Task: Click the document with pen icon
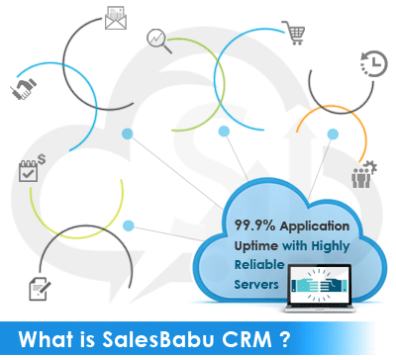37,288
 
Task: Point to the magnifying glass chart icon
158,40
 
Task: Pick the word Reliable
254,265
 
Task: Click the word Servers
253,285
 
